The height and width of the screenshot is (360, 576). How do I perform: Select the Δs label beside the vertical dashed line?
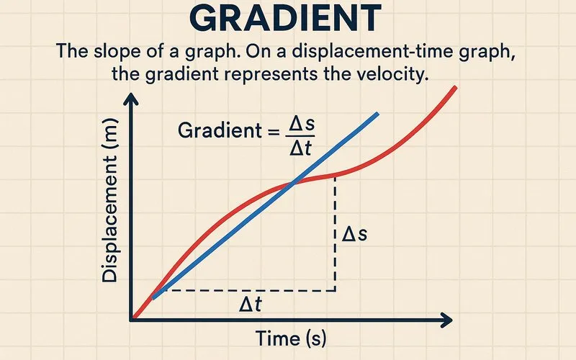354,235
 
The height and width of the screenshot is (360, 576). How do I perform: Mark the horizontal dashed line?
245,291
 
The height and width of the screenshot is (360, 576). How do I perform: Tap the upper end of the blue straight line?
377,114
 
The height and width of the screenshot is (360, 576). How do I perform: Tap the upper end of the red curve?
456,88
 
